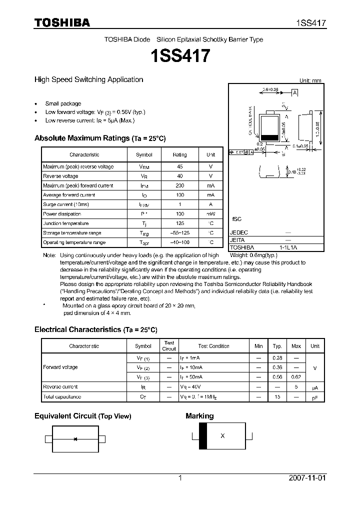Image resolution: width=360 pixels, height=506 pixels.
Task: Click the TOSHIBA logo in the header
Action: coord(62,22)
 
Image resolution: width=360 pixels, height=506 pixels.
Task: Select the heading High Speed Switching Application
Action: coord(88,79)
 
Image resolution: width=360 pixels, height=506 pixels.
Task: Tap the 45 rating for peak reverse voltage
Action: coord(179,166)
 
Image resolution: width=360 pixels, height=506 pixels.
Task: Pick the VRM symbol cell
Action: coord(144,166)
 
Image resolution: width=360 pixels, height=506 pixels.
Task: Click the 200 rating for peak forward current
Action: coord(179,185)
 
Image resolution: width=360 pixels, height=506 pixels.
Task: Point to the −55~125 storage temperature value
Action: coord(179,233)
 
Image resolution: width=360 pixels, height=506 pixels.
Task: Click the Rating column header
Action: coord(179,155)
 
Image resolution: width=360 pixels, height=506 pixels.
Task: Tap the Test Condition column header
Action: coord(213,346)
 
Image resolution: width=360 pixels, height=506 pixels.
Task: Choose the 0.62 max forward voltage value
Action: coord(296,377)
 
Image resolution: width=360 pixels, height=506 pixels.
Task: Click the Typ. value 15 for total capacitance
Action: coord(277,396)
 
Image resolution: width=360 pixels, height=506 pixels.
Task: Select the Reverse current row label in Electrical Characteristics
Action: coord(60,387)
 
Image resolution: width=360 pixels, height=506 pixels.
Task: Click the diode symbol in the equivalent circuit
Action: coord(75,439)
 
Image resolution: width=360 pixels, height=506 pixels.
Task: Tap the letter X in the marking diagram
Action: coord(222,436)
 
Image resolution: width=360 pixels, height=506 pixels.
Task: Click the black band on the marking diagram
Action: coord(202,436)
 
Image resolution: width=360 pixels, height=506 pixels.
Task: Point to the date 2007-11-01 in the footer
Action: coord(307,478)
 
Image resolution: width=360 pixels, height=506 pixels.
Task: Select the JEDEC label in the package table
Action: coord(239,232)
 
